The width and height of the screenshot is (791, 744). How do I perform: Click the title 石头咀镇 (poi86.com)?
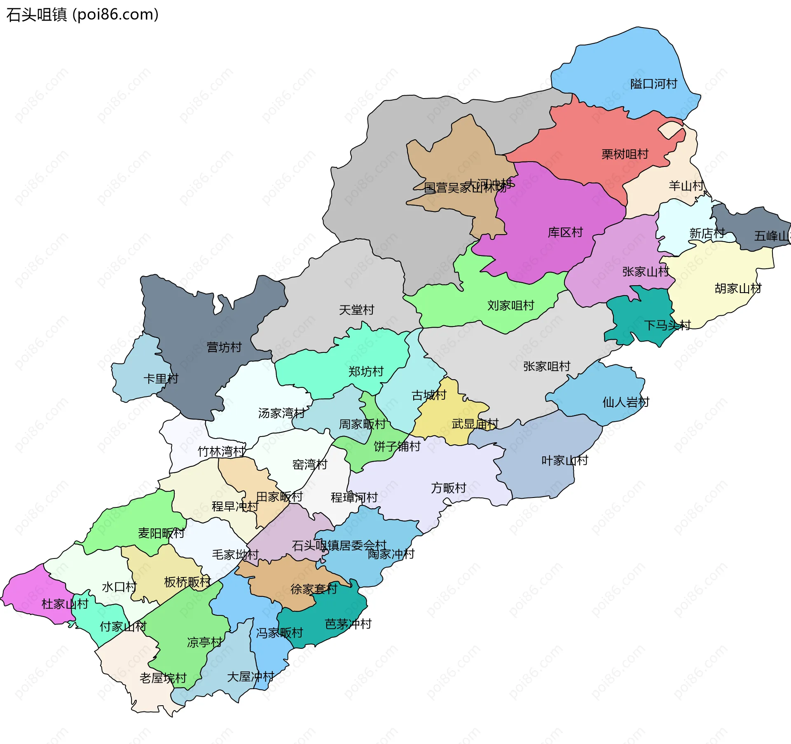coord(82,15)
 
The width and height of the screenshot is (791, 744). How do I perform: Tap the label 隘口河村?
coord(653,84)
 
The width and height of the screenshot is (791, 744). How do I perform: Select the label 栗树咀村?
coord(625,154)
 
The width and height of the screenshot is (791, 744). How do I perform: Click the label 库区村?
coord(565,232)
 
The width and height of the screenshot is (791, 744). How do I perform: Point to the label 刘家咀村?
coord(510,305)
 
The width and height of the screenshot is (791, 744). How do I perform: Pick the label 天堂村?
coord(356,310)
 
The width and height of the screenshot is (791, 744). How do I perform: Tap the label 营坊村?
coord(224,347)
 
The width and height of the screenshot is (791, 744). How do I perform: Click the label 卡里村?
coord(161,378)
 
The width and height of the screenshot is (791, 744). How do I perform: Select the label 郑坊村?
coord(366,371)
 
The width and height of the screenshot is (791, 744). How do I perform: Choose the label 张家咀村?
coord(547,366)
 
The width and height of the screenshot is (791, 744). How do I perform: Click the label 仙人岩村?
coord(626,402)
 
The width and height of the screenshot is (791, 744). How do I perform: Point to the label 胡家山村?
coord(738,288)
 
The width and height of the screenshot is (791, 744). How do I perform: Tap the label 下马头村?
coord(667,325)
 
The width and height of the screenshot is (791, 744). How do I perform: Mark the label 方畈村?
coord(448,488)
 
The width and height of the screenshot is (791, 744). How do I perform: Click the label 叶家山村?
coord(564,460)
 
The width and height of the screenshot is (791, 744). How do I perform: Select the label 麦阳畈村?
coord(161,533)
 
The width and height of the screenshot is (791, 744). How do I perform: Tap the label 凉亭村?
coord(204,642)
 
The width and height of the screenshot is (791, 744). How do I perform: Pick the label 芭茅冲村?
coord(348,624)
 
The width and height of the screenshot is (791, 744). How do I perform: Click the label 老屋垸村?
coord(163,678)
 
